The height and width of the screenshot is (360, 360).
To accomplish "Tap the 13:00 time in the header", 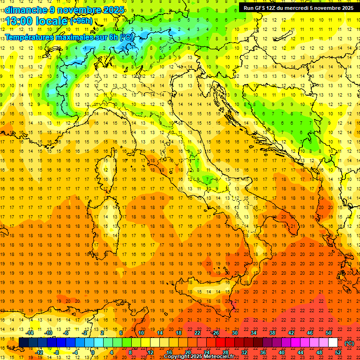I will point(22,21).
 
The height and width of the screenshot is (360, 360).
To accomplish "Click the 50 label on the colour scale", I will point(329,333).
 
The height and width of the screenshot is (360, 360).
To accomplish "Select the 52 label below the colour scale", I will point(338,352).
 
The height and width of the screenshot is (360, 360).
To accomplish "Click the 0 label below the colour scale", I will point(93,352).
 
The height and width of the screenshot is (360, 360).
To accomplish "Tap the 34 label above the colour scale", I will point(254,333).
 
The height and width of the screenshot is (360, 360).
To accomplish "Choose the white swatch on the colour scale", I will point(333,343).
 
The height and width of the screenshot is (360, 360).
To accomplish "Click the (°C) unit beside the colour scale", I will point(349,343).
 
